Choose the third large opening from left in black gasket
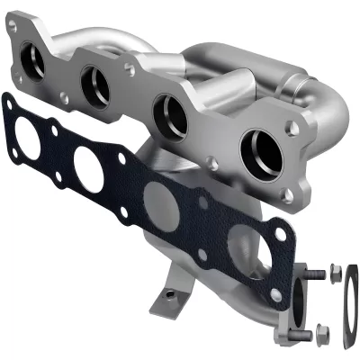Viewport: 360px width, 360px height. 160,199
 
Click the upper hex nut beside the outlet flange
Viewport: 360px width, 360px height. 334,270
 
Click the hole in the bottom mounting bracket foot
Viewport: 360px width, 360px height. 167,292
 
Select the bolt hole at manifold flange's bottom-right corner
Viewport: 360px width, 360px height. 287,197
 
